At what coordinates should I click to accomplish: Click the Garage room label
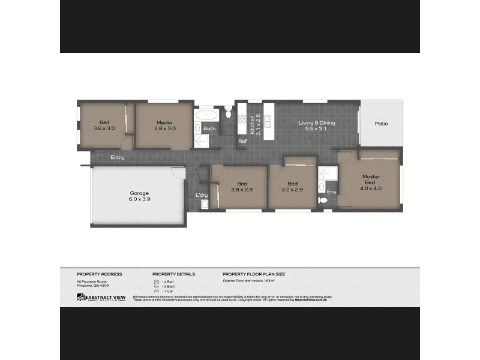coord(139,193)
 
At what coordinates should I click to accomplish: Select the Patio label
coord(382,124)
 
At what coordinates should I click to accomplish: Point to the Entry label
coord(118,158)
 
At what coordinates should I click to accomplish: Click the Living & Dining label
coord(317,123)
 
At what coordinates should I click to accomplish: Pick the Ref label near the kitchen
coord(242,142)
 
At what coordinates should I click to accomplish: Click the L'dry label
coord(201,195)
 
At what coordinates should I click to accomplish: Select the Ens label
coord(331,192)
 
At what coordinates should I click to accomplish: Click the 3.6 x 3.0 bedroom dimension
coord(104,128)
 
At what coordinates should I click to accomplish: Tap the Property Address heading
coord(99,274)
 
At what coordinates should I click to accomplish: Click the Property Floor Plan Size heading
coord(254,274)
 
